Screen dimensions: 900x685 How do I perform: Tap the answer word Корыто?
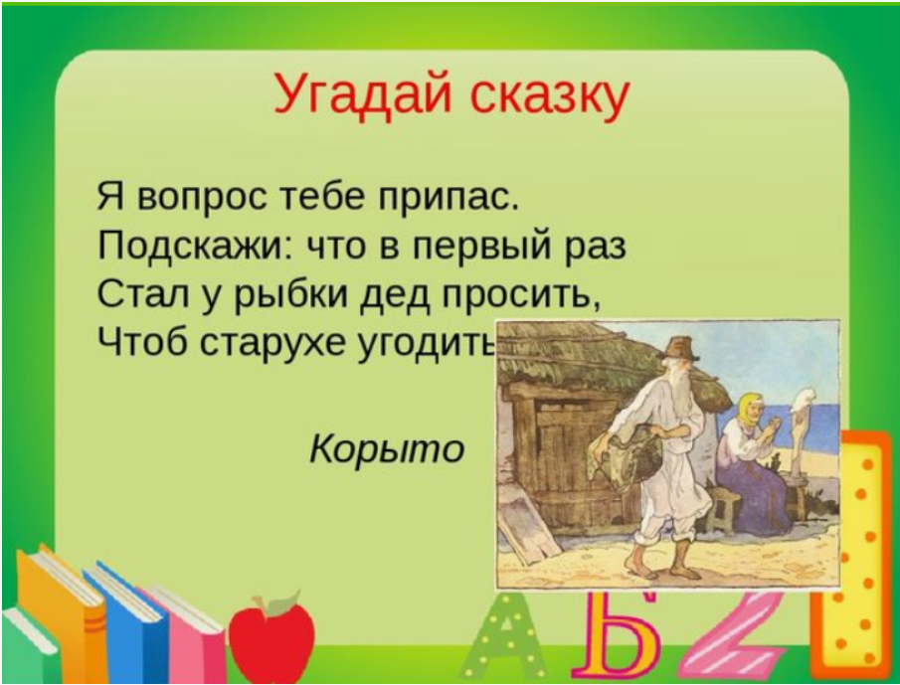click(387, 449)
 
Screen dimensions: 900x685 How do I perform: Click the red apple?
click(271, 637)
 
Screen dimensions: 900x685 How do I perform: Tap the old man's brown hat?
click(679, 348)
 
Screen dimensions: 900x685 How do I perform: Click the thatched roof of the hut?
click(580, 356)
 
